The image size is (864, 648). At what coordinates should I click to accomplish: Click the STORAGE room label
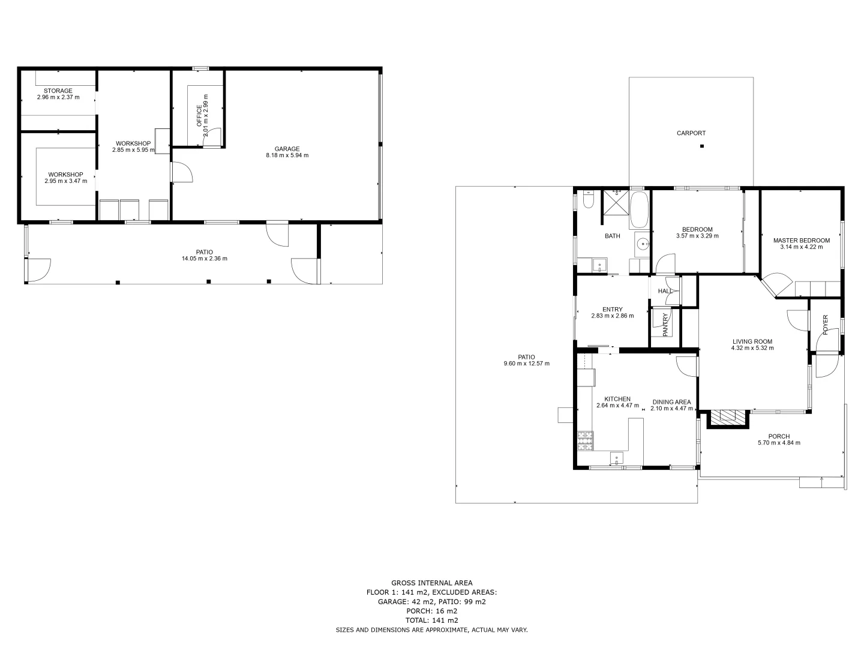(58, 91)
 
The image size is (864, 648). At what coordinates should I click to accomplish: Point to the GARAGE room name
(287, 149)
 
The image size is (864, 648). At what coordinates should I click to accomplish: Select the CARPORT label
(691, 133)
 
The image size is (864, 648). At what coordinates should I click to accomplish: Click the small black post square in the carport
(701, 146)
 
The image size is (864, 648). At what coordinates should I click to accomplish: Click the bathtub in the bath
(639, 209)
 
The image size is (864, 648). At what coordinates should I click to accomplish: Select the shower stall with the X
(616, 202)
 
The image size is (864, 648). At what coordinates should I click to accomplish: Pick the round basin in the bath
(643, 244)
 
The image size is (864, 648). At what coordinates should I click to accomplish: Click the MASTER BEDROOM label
(801, 241)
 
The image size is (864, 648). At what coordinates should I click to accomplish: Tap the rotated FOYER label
(825, 325)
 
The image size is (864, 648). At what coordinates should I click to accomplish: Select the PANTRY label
(665, 325)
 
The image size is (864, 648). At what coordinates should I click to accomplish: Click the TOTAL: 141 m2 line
(431, 620)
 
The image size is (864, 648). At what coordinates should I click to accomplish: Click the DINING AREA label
(671, 402)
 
